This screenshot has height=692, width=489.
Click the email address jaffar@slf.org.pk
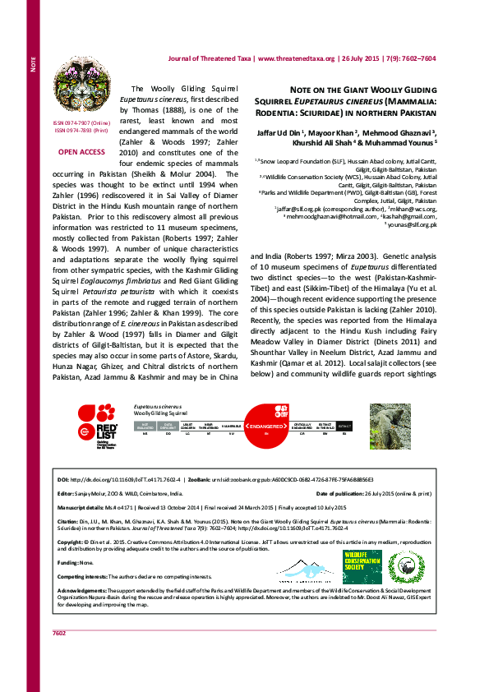click(302, 210)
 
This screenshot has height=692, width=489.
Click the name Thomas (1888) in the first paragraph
click(154, 108)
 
